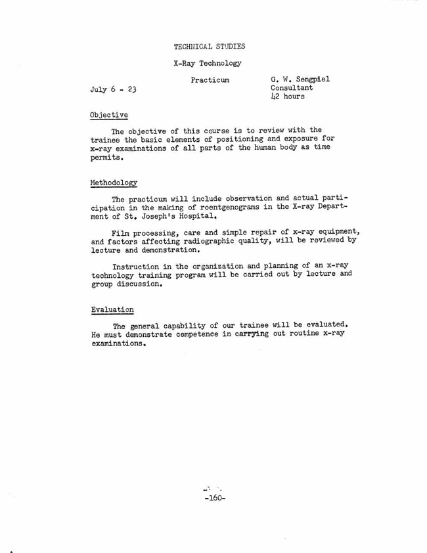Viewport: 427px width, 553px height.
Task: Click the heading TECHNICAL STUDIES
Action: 210,46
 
